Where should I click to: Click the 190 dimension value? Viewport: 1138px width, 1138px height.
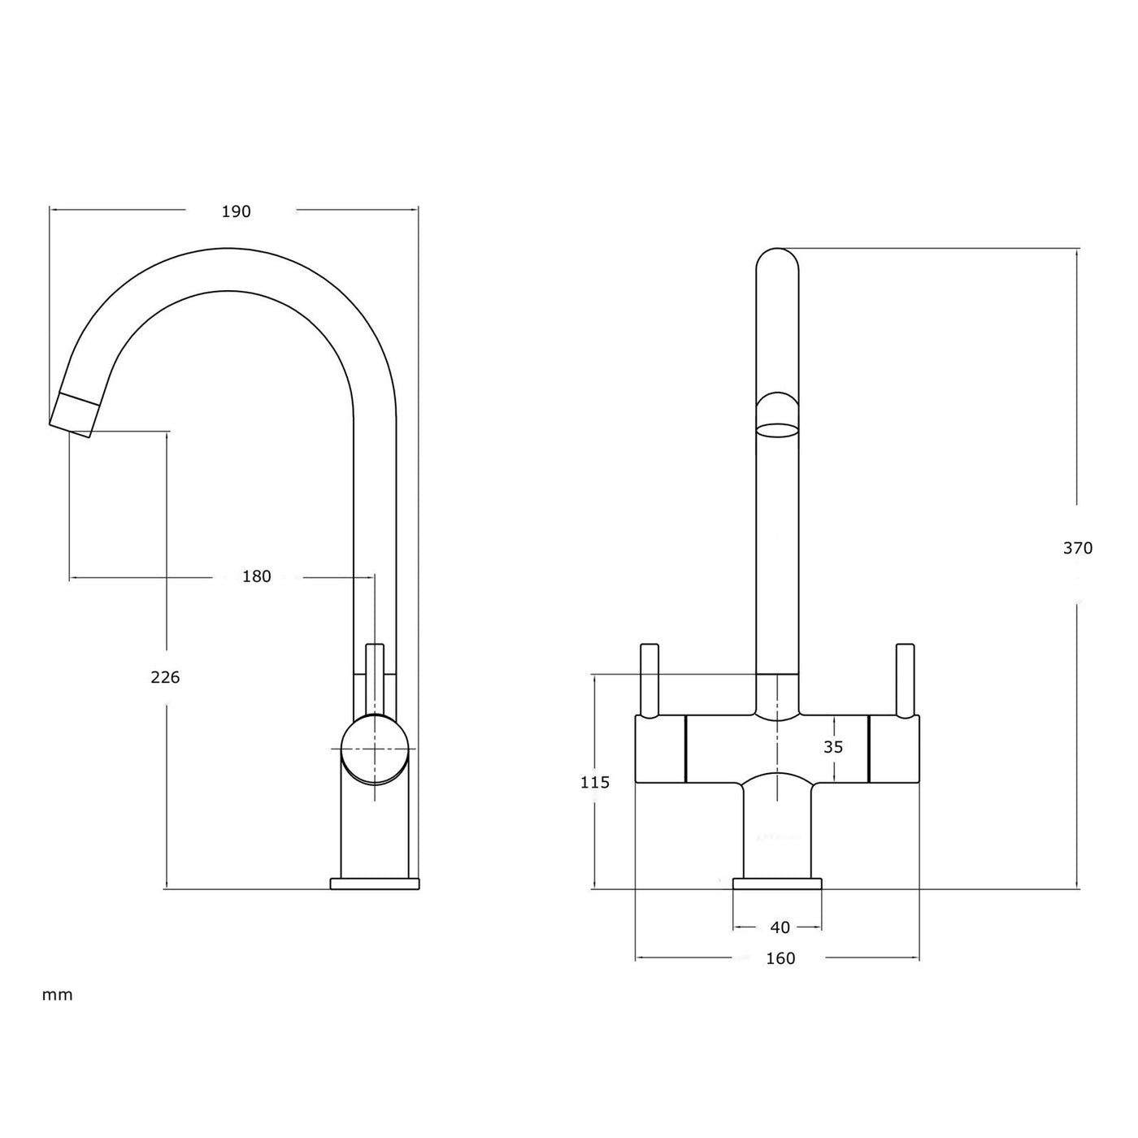(237, 211)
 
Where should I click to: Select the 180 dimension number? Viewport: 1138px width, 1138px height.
(256, 576)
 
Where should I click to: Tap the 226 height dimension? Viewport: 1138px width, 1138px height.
(165, 677)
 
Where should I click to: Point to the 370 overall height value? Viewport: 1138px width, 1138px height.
(1078, 548)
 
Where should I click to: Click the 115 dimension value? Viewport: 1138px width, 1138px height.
(595, 783)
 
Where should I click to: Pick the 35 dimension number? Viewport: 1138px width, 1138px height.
(833, 747)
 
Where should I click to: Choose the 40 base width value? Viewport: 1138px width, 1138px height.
(780, 927)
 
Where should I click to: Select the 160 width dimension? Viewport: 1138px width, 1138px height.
(780, 958)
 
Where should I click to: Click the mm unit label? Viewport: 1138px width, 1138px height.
(57, 995)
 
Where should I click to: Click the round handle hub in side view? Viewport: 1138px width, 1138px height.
(375, 749)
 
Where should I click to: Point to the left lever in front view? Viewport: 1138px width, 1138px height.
(649, 681)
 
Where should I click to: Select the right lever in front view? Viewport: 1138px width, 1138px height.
(905, 681)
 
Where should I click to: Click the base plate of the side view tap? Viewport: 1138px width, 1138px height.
(375, 884)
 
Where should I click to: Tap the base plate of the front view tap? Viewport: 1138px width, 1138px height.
(777, 884)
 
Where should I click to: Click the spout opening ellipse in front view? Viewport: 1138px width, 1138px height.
(777, 429)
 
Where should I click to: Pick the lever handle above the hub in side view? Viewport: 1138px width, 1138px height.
(375, 679)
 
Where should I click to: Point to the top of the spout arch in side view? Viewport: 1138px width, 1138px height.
(228, 248)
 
